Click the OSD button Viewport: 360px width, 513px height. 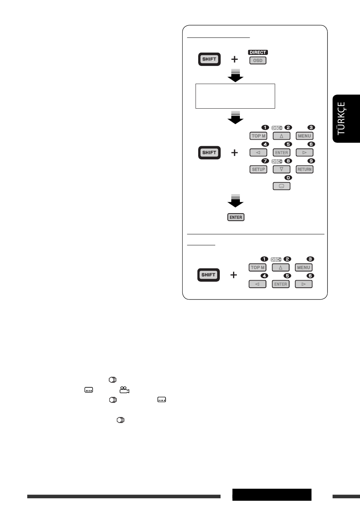pyautogui.click(x=258, y=61)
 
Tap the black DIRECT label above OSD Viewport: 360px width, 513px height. pyautogui.click(x=258, y=53)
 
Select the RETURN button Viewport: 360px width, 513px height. pyautogui.click(x=304, y=169)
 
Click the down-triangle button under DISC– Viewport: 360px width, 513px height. pyautogui.click(x=281, y=169)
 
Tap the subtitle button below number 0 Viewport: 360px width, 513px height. pyautogui.click(x=281, y=186)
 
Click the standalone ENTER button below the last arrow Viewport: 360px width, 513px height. pyautogui.click(x=236, y=217)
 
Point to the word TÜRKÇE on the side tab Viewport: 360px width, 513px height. pyautogui.click(x=341, y=119)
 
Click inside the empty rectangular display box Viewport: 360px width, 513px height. pyautogui.click(x=235, y=96)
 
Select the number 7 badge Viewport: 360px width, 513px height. pyautogui.click(x=265, y=161)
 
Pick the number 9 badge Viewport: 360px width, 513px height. pyautogui.click(x=311, y=161)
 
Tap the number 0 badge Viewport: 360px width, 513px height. pyautogui.click(x=288, y=178)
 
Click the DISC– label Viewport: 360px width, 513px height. pyautogui.click(x=277, y=161)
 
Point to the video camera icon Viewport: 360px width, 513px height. pyautogui.click(x=124, y=390)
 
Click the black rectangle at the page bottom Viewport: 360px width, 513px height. pyautogui.click(x=272, y=495)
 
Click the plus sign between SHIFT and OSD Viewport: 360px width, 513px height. pyautogui.click(x=234, y=59)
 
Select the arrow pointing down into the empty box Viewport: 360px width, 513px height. pyautogui.click(x=235, y=75)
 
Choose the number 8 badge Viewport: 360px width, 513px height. pyautogui.click(x=288, y=161)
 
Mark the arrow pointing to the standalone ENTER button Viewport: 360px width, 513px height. pyautogui.click(x=235, y=201)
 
